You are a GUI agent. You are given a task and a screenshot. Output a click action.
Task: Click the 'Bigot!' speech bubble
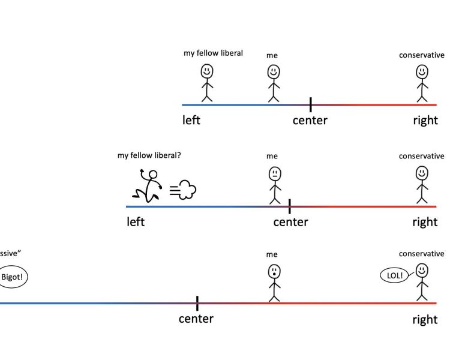pos(13,278)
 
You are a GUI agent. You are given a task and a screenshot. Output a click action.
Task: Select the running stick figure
pos(148,185)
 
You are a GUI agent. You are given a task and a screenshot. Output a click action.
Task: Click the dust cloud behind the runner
pos(184,191)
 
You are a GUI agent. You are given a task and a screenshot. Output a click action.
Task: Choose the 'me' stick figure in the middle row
pos(274,185)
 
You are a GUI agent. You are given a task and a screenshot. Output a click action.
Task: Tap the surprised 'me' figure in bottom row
pos(274,282)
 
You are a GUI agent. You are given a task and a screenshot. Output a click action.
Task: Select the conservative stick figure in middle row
pos(422,185)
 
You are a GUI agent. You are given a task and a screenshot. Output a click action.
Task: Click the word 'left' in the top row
pos(191,120)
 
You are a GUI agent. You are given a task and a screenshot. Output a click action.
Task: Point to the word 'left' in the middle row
pos(136,222)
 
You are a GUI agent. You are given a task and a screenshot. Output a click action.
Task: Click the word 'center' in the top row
pos(310,121)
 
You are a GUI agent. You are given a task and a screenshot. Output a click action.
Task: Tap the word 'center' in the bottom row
pos(196,319)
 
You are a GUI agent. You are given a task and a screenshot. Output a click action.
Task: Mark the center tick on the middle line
pos(290,206)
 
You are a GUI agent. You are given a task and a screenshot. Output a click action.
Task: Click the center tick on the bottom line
pos(197,303)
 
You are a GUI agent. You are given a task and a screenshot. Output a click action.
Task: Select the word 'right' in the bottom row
pos(425,320)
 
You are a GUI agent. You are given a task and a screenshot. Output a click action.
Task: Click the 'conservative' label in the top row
pos(422,55)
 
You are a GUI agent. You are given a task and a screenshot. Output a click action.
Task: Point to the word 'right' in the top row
pos(425,121)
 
